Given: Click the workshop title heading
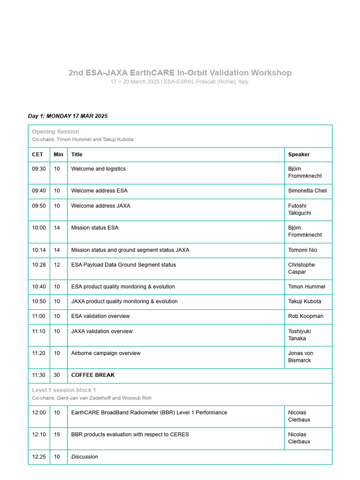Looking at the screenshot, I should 180,73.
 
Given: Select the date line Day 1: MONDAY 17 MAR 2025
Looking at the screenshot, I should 67,116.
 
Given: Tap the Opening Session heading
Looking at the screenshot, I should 55,132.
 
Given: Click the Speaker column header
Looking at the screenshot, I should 299,154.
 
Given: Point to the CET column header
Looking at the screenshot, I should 37,154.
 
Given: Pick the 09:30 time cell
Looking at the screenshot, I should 39,169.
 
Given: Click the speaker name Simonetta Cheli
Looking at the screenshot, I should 307,191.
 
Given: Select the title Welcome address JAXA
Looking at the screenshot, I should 101,206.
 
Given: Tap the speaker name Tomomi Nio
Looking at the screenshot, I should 303,250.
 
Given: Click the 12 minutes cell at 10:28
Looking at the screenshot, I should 57,265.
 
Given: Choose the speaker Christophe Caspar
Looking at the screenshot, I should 301,268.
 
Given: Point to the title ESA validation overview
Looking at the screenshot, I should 100,316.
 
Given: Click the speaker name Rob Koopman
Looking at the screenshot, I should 306,316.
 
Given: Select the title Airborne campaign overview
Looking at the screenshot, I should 105,353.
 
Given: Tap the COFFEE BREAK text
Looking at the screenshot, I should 93,375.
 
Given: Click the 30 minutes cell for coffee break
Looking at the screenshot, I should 57,375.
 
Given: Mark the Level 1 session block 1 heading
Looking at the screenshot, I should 64,390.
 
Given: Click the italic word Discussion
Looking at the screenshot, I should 84,457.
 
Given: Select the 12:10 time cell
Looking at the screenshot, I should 39,435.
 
